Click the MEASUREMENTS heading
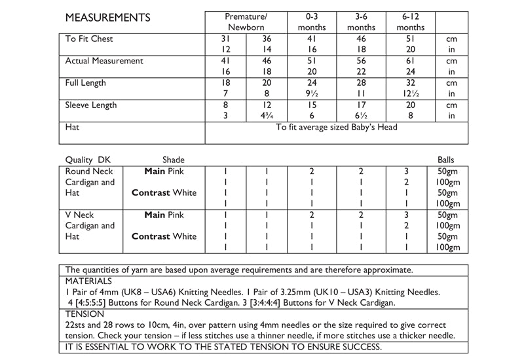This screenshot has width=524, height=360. [x=107, y=17]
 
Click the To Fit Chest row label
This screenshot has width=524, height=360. [x=89, y=39]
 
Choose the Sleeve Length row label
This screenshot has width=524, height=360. [x=91, y=105]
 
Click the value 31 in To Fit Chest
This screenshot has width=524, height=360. [x=226, y=39]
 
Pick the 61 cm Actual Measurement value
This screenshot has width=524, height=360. [x=411, y=62]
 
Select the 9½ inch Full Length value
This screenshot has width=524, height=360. [x=311, y=94]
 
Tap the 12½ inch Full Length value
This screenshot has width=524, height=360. [x=411, y=94]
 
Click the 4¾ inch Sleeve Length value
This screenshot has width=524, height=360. [x=266, y=116]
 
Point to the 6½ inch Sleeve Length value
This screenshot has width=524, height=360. [x=362, y=116]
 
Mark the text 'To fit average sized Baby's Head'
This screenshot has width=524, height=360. [x=337, y=128]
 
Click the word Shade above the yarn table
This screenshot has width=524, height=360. [x=173, y=160]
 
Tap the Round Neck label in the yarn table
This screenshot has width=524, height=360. [x=89, y=171]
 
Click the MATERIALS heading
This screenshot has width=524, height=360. [x=89, y=280]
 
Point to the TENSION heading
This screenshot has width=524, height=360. [x=84, y=314]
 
